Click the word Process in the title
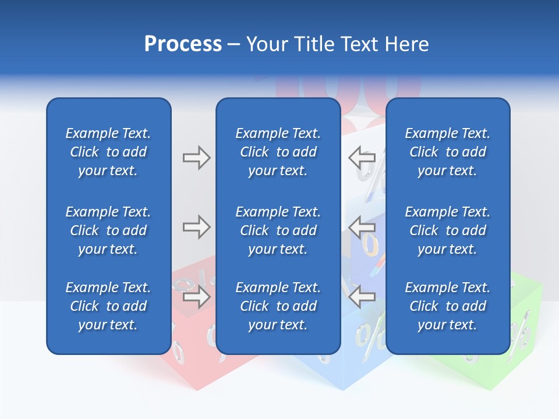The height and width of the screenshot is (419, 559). click(x=183, y=44)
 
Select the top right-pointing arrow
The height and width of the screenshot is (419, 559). click(x=196, y=158)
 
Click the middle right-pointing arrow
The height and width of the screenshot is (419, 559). click(x=196, y=227)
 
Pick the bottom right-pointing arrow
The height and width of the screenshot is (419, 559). click(x=196, y=297)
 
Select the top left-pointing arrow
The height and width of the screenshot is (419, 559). click(x=362, y=158)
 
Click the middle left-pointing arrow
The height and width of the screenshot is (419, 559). click(x=362, y=227)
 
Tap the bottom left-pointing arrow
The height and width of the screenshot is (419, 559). click(x=362, y=297)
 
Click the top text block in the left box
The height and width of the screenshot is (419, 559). click(x=108, y=152)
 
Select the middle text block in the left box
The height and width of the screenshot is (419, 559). click(x=108, y=230)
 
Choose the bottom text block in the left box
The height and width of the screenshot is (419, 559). click(x=108, y=306)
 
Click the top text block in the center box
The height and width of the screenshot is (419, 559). click(x=278, y=152)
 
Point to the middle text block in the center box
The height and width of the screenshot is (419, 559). click(x=278, y=230)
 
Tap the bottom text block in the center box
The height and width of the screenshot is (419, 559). click(x=278, y=306)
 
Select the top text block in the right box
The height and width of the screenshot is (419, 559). click(x=448, y=152)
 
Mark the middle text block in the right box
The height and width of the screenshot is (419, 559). click(x=448, y=230)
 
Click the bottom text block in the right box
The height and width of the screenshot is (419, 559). click(x=448, y=306)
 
